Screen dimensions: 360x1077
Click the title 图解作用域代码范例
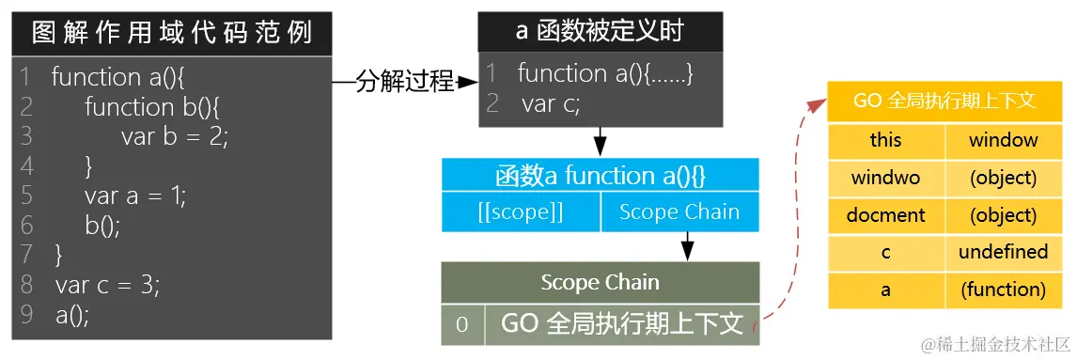171,35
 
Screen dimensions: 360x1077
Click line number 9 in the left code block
25,315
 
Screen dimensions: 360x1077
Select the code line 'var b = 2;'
174,136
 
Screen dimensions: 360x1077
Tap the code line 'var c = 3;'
107,285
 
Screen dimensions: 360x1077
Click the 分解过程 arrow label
405,83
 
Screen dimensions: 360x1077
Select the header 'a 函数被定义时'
600,31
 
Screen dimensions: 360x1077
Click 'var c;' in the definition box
551,104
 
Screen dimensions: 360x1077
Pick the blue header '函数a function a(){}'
600,176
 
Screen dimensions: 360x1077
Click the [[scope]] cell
521,212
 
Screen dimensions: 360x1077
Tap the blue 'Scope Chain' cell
679,212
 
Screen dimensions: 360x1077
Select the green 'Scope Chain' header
600,282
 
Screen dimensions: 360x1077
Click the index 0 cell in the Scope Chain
462,324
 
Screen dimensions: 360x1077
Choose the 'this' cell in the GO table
885,140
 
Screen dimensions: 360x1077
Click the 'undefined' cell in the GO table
1003,252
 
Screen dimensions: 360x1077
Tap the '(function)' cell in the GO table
1003,290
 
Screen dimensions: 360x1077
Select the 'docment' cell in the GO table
885,215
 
